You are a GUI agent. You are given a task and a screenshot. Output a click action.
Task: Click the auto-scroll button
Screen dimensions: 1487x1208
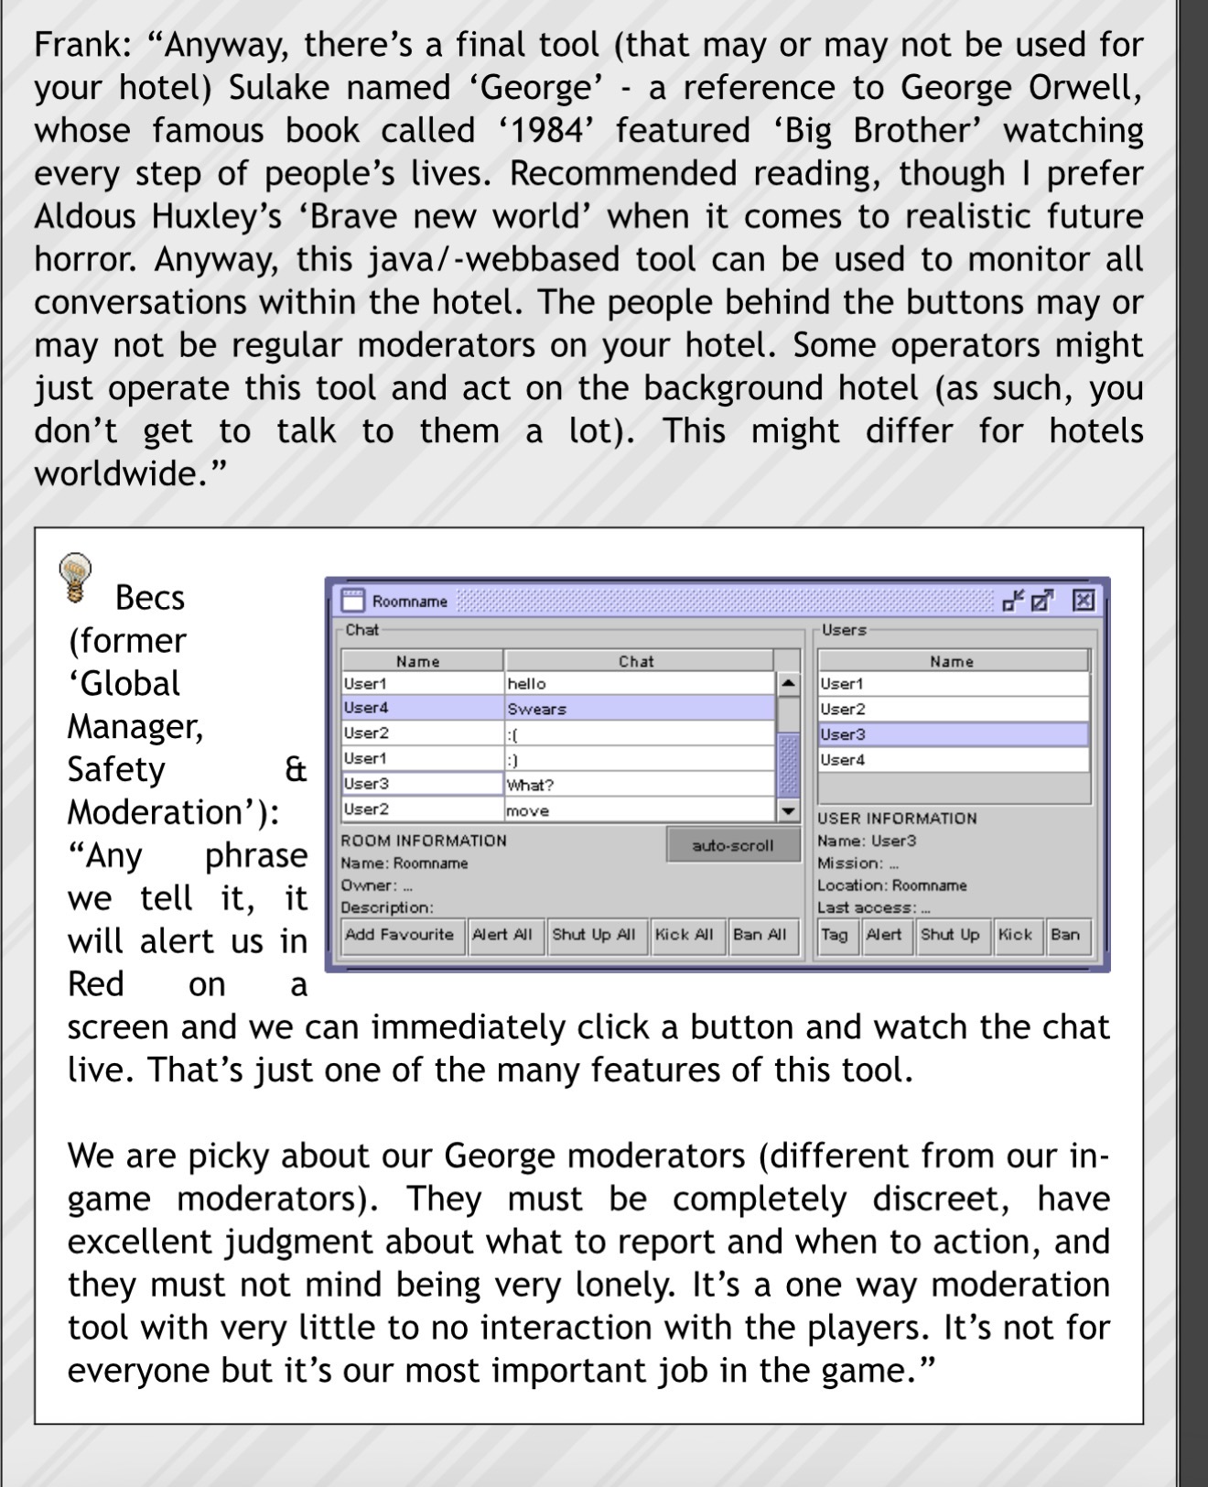point(732,845)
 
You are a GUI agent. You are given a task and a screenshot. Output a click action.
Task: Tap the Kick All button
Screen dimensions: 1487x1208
point(684,935)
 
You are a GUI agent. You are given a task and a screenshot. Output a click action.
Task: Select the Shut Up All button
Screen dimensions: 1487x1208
point(593,935)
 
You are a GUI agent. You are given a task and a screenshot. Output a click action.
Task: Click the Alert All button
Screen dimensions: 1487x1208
point(502,935)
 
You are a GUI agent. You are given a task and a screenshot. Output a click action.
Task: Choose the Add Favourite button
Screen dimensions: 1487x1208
point(399,935)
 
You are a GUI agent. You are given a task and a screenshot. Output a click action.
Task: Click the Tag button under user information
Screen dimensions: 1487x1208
point(834,935)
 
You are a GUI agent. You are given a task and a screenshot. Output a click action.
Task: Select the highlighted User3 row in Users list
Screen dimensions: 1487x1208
point(952,734)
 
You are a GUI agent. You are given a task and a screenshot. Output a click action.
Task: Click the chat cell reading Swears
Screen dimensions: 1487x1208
point(639,709)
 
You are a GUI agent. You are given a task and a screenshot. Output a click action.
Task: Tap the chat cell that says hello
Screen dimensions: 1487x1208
point(639,683)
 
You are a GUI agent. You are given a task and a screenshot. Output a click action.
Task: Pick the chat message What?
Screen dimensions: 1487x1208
point(639,785)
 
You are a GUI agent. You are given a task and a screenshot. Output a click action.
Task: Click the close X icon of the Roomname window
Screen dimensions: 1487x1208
point(1083,601)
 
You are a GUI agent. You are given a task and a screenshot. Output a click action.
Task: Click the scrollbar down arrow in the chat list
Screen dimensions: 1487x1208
point(787,810)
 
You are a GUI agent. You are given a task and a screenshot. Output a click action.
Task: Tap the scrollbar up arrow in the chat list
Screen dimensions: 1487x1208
point(787,683)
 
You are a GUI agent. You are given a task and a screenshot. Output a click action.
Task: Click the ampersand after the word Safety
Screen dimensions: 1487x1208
point(295,769)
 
